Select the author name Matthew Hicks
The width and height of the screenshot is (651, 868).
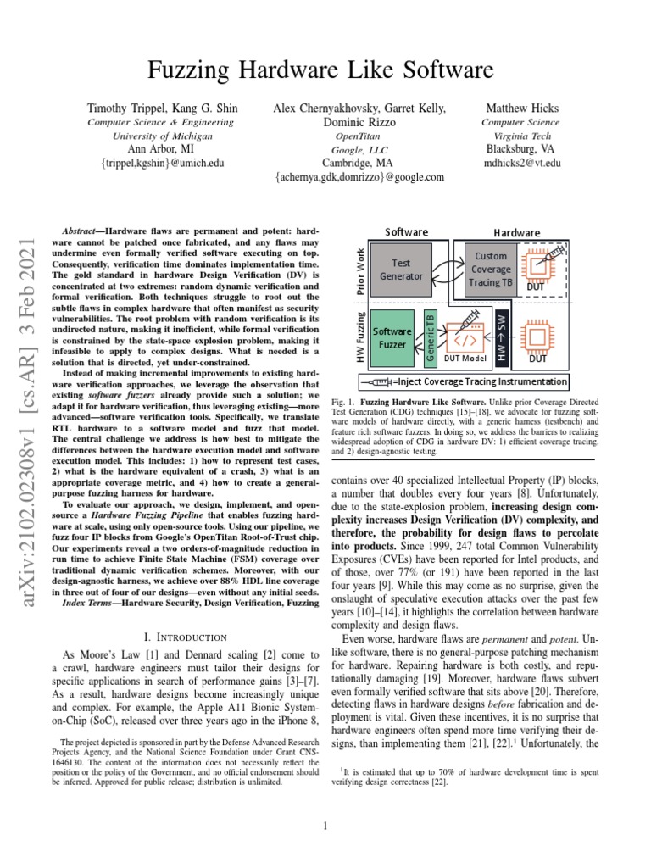pos(518,108)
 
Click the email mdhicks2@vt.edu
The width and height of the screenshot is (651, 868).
pos(522,163)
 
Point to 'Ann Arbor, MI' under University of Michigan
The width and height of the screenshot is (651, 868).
pos(163,149)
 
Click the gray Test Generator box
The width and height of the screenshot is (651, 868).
pos(401,270)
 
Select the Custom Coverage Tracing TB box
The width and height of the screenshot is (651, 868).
pos(491,269)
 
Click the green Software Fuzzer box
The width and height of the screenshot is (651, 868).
pos(392,339)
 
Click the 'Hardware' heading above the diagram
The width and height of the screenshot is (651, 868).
pos(517,232)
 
